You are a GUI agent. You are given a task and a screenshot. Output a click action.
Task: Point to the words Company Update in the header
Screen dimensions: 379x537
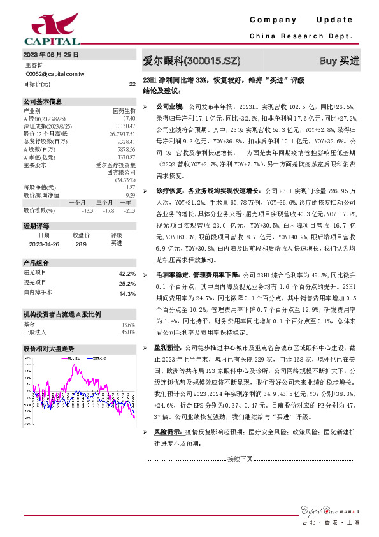coord(301,20)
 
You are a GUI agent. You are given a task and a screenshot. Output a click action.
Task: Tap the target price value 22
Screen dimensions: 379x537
coord(132,84)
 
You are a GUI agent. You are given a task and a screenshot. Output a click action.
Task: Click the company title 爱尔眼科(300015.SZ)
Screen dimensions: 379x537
coord(192,61)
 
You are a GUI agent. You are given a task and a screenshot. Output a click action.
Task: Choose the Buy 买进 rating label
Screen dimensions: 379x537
coord(339,61)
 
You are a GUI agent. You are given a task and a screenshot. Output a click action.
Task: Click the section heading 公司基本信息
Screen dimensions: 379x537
coord(43,101)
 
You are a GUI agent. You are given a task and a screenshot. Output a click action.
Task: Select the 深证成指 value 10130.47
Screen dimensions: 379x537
coord(125,126)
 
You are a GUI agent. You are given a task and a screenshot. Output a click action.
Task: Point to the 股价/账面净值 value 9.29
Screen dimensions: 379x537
coord(130,195)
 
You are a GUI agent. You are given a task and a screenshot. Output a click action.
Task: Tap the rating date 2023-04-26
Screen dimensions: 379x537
coord(45,243)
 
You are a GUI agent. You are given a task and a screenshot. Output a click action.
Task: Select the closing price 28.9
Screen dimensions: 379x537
coord(81,243)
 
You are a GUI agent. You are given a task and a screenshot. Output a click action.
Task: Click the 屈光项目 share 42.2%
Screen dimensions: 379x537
coord(127,273)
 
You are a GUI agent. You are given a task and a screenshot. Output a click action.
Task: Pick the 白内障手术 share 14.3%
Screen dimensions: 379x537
coord(127,293)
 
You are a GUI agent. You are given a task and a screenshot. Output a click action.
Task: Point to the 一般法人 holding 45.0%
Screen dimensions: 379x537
coord(127,332)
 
